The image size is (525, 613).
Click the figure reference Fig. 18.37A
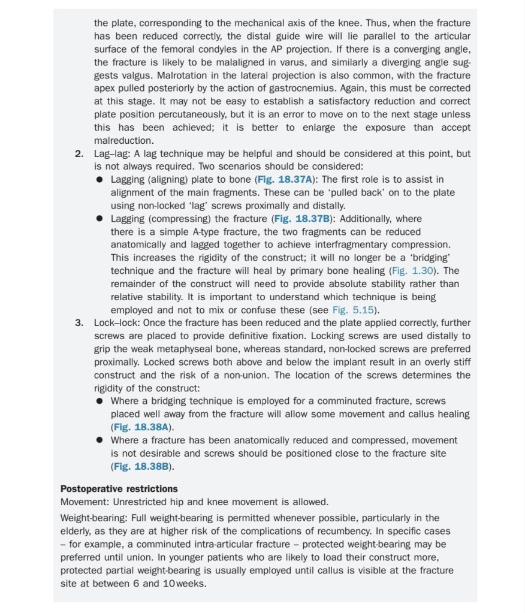click(x=283, y=179)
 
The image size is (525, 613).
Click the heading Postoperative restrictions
click(x=119, y=489)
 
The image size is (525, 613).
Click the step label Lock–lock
click(x=113, y=323)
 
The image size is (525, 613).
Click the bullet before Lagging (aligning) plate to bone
click(x=99, y=180)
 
